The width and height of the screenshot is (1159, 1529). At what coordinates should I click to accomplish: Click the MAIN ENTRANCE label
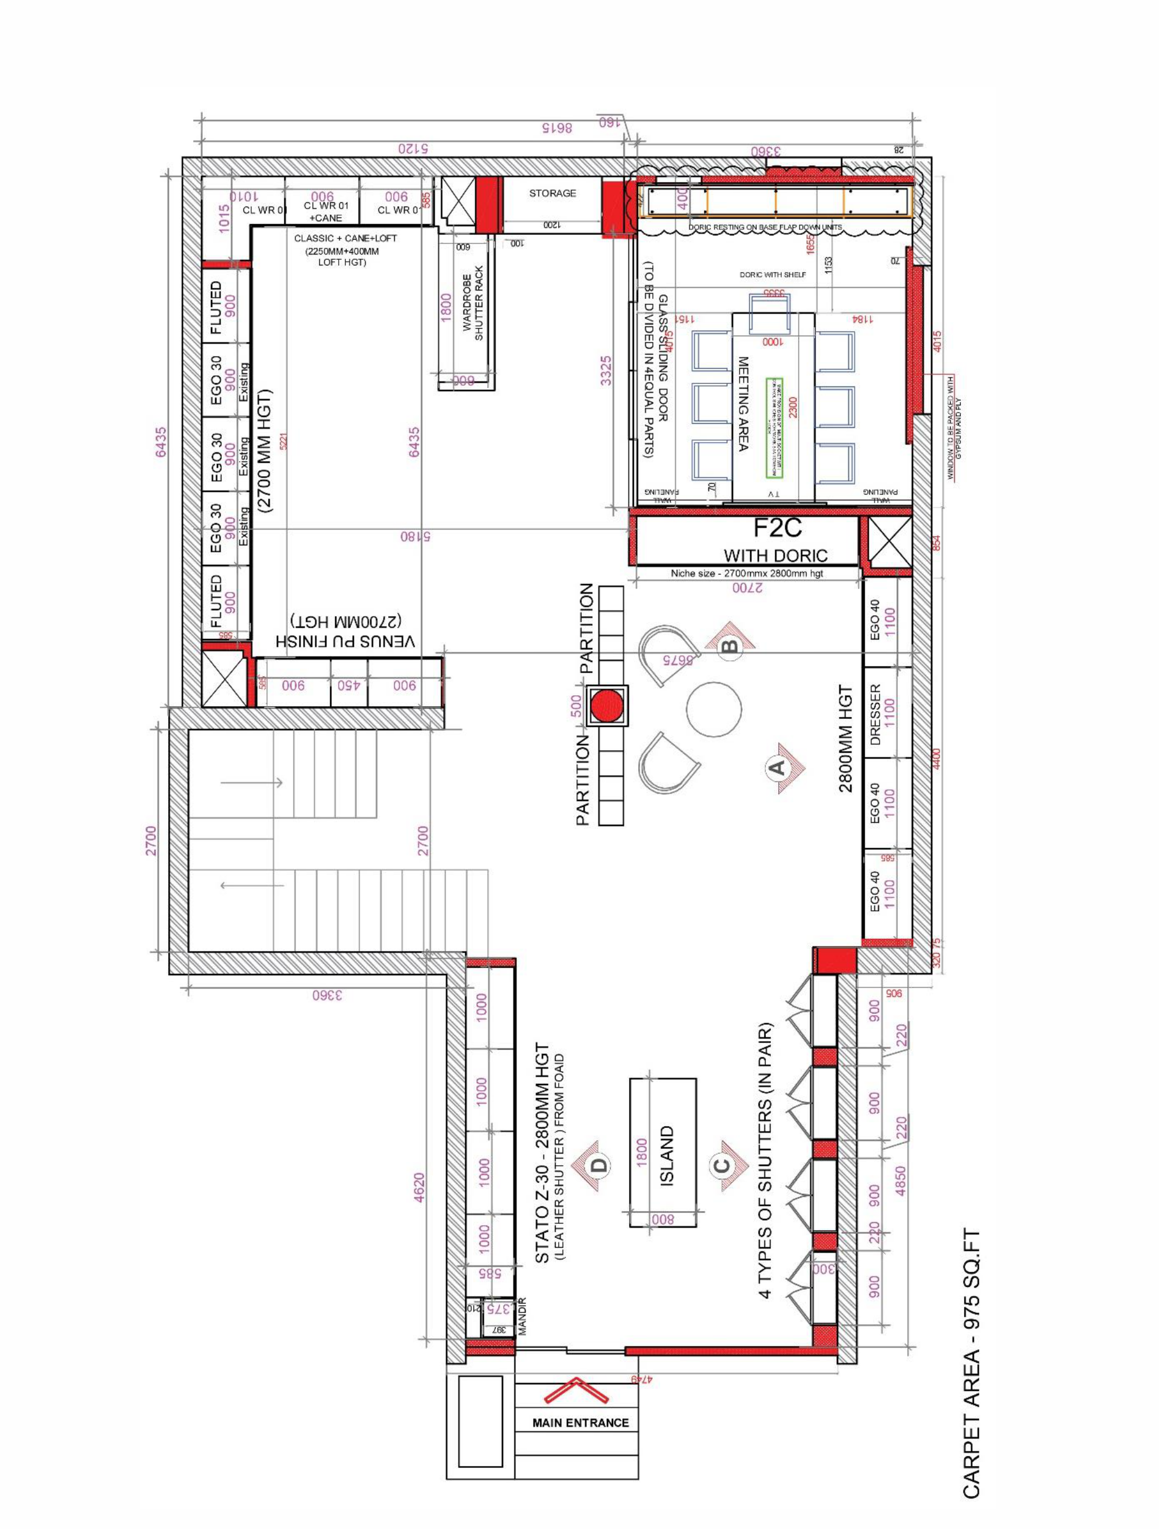click(580, 1423)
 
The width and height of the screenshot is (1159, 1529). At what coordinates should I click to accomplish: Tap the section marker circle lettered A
click(776, 767)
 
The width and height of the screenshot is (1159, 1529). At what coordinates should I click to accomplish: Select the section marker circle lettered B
click(729, 647)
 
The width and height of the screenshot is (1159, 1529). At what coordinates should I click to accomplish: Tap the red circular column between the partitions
click(608, 706)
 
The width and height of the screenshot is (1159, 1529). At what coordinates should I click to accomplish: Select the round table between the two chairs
click(713, 709)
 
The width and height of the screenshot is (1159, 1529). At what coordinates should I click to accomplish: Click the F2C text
click(777, 528)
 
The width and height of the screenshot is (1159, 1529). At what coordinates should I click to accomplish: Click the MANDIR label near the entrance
click(523, 1316)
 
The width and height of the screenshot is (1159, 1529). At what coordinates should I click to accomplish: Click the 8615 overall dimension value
click(557, 128)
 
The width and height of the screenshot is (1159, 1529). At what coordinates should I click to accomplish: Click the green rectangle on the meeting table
click(774, 429)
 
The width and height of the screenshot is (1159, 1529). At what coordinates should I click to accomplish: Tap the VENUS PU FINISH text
click(346, 640)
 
